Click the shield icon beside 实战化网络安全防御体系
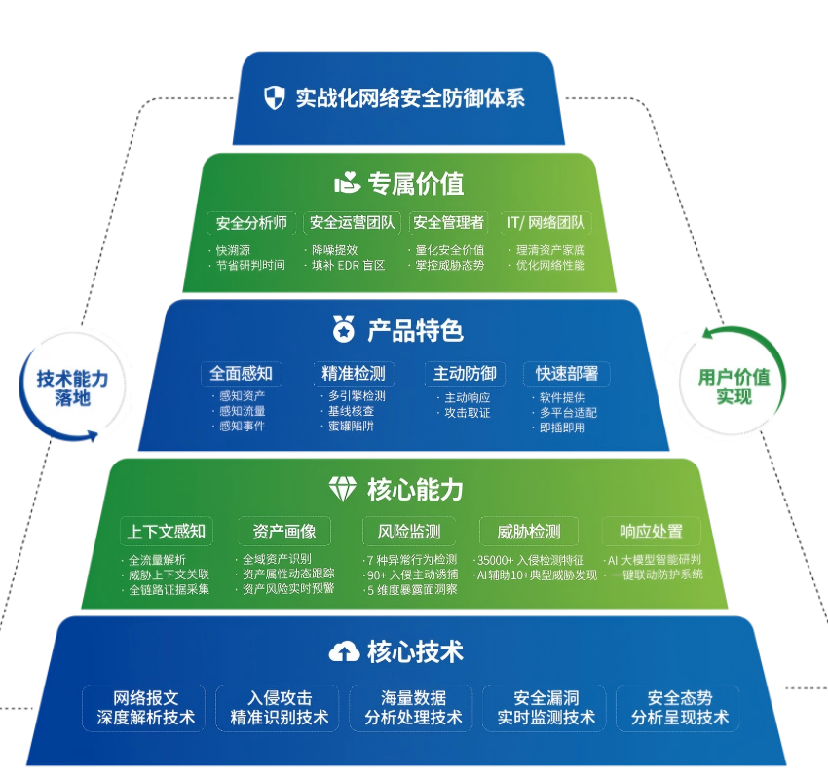coord(275,97)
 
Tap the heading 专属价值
coord(415,183)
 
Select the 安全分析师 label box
coord(251,223)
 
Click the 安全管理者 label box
coord(448,223)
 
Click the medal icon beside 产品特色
coord(343,329)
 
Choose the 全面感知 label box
coord(241,373)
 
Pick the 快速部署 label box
coord(566,373)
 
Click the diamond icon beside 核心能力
coord(343,489)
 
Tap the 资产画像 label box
coord(284,532)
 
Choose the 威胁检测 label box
coord(528,532)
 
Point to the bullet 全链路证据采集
coord(169,589)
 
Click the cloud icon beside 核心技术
coord(343,651)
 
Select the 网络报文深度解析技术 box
coord(145,708)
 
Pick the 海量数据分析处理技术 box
coord(413,708)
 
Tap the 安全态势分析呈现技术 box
coord(679,708)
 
